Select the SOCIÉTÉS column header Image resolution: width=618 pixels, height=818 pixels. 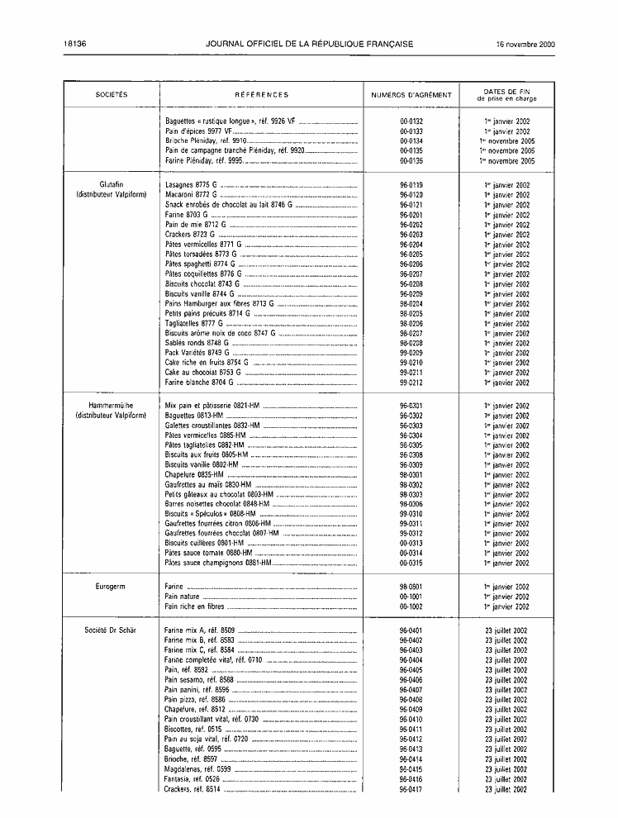(x=112, y=95)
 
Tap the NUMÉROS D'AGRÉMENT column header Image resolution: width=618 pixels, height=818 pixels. (x=411, y=95)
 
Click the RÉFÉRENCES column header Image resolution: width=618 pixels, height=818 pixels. (x=261, y=95)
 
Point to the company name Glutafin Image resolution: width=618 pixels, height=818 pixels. (x=112, y=185)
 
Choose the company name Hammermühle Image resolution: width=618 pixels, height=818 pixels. (x=112, y=406)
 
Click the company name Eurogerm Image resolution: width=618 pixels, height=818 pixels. (x=112, y=587)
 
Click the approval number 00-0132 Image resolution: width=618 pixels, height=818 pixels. (x=411, y=121)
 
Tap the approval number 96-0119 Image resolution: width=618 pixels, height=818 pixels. (x=411, y=185)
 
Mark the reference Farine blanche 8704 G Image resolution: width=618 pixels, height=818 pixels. (x=198, y=383)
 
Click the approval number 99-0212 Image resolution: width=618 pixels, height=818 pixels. (x=411, y=383)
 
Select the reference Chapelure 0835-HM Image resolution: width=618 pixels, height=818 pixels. (x=194, y=475)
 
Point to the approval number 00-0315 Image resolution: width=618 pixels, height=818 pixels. (x=411, y=564)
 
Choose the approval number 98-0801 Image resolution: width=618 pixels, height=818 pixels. (x=411, y=587)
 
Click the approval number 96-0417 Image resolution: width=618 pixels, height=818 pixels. (x=411, y=790)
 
